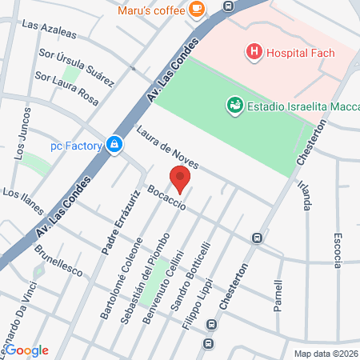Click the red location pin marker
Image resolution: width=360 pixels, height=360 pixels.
pyautogui.click(x=180, y=180)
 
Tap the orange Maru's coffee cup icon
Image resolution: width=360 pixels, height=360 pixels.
pyautogui.click(x=197, y=10)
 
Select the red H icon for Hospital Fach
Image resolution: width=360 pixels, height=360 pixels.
pyautogui.click(x=254, y=53)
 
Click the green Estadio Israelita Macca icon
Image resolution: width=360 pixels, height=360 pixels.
pyautogui.click(x=234, y=104)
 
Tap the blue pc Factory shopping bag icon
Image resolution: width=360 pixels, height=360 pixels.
pyautogui.click(x=116, y=145)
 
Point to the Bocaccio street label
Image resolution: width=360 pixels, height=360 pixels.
pyautogui.click(x=166, y=198)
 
